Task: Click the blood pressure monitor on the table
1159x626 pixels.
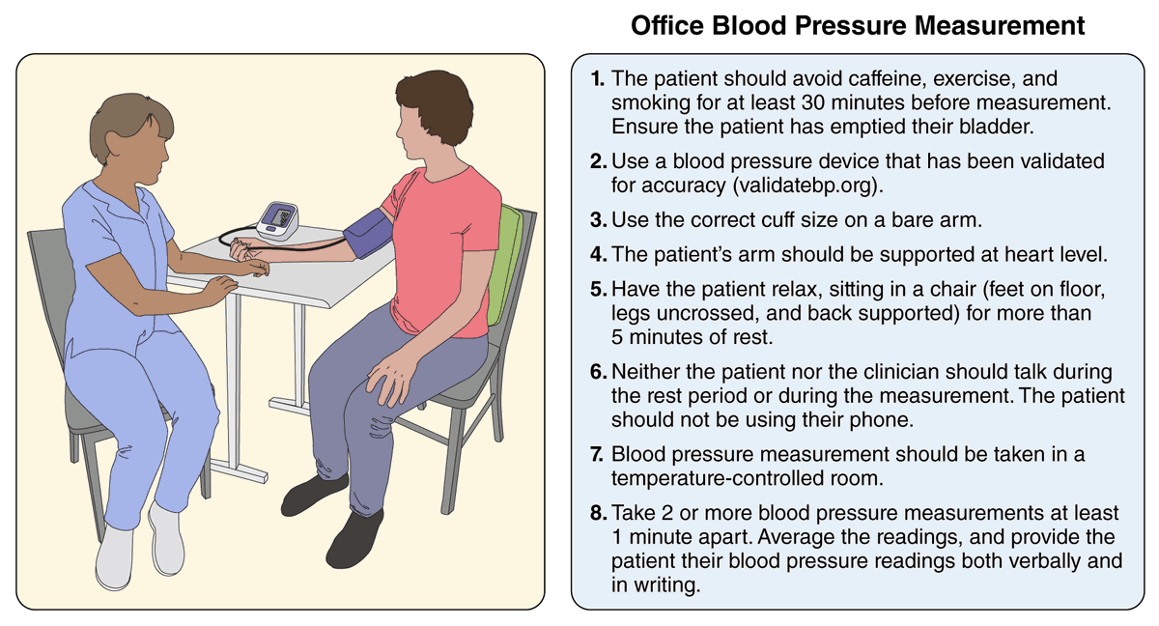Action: tap(278, 219)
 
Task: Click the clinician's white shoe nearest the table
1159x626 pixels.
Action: tap(167, 536)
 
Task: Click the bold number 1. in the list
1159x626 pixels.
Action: tap(598, 77)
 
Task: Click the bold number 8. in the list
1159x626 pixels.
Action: tap(598, 512)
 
